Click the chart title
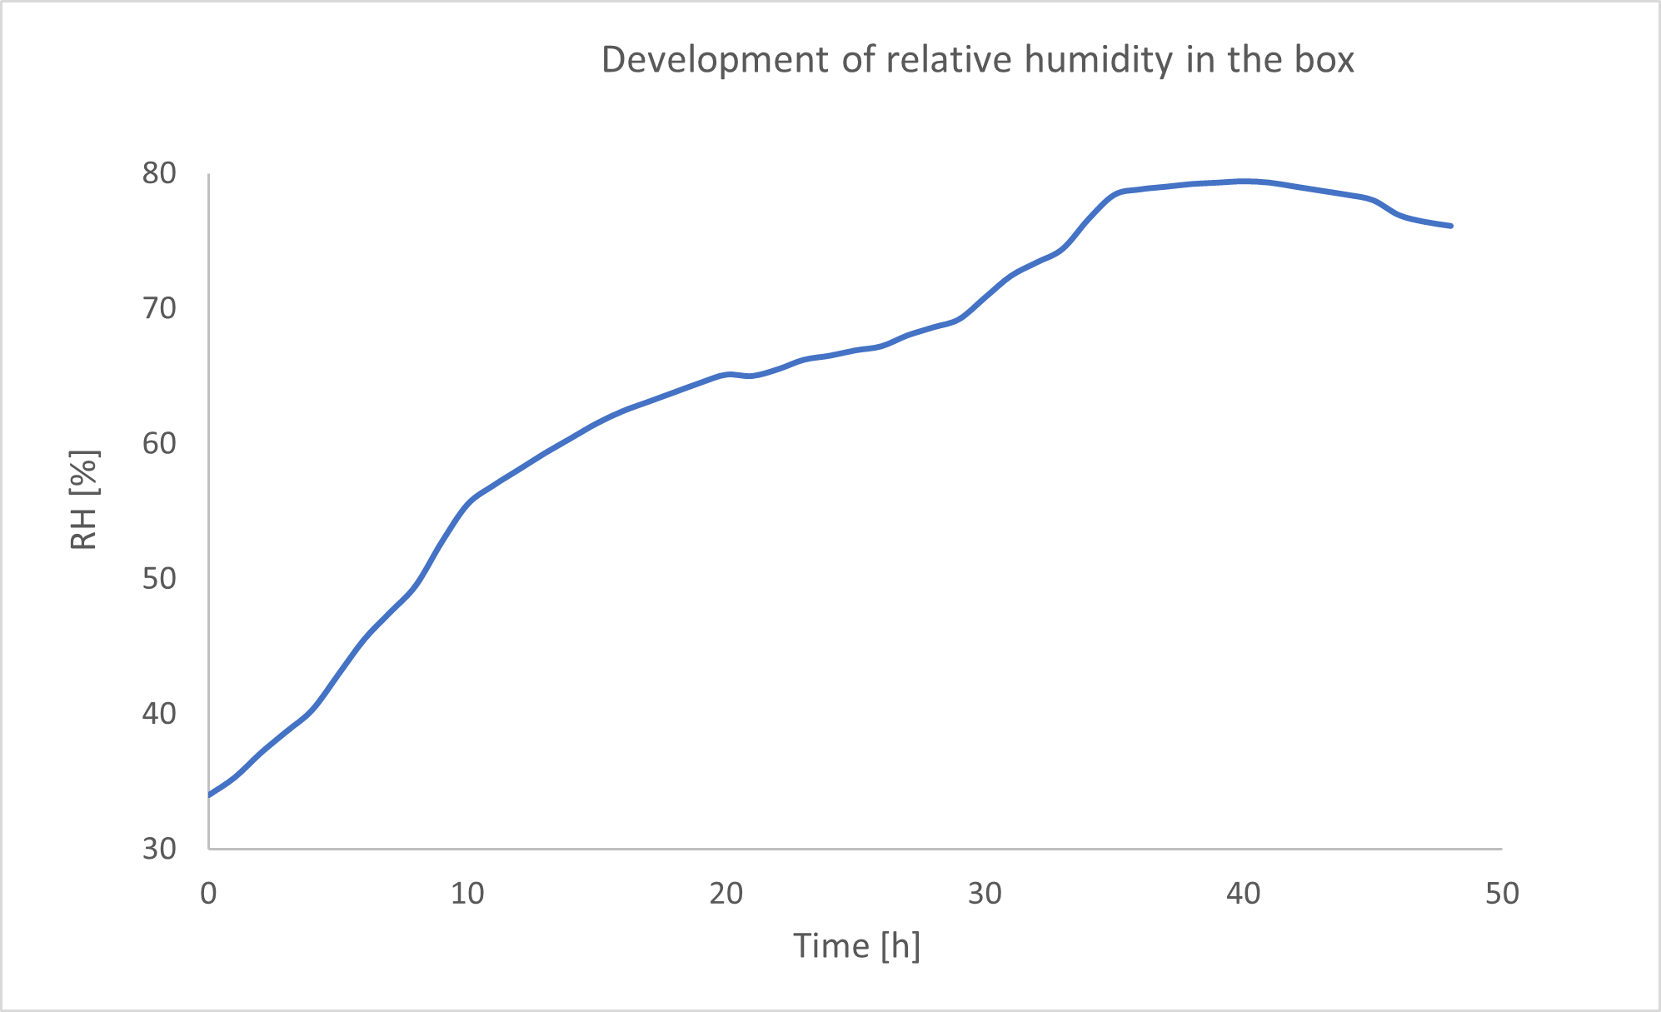(x=977, y=60)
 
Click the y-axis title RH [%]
(x=84, y=500)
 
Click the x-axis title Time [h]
(x=855, y=946)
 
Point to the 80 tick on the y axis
(x=159, y=173)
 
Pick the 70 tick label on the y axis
(x=159, y=308)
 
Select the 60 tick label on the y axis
(x=159, y=443)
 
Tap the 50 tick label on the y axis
(x=159, y=578)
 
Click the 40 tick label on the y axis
(x=159, y=713)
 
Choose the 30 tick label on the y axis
(x=159, y=848)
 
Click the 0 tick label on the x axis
(x=208, y=894)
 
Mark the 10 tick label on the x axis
(x=467, y=894)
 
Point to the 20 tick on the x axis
(x=726, y=894)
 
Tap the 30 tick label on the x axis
(x=985, y=894)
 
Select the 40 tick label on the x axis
(x=1243, y=894)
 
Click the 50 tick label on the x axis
(x=1502, y=894)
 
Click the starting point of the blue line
(x=210, y=794)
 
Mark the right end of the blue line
(x=1450, y=226)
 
